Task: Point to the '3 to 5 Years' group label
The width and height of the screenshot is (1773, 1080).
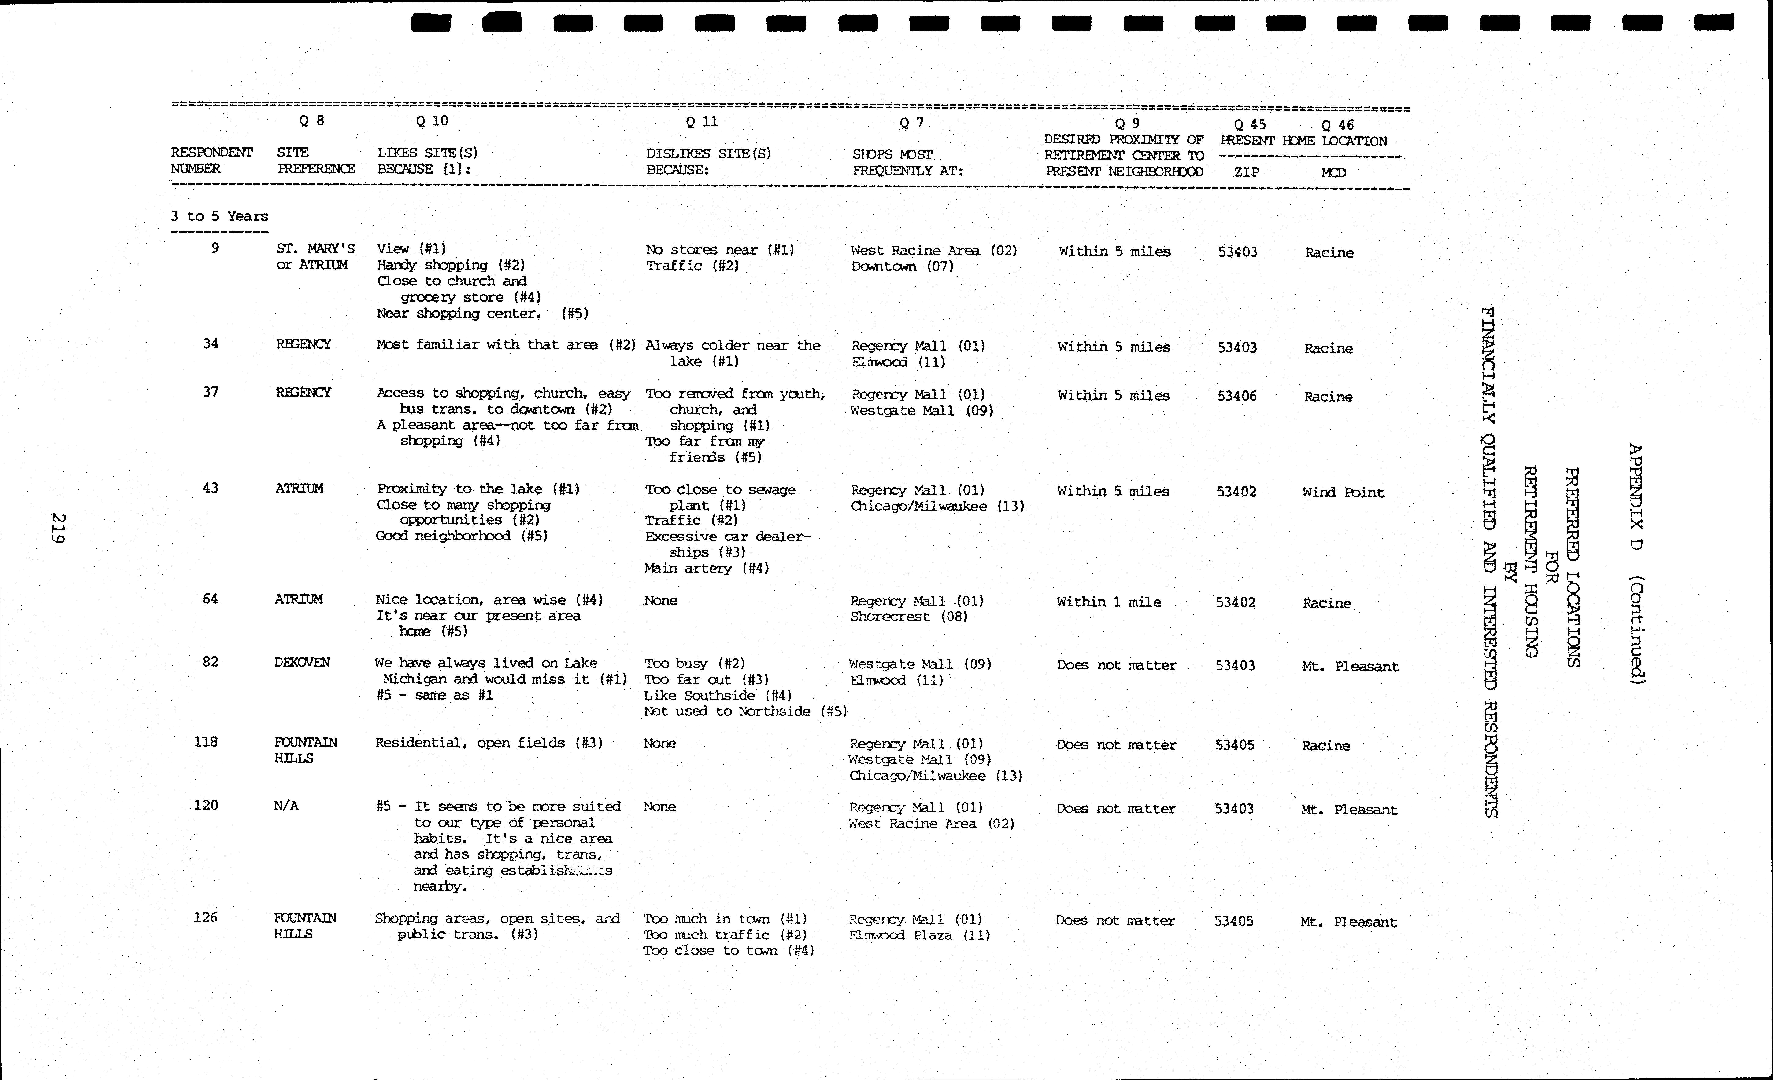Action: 219,216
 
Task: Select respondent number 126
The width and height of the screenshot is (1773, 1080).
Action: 206,917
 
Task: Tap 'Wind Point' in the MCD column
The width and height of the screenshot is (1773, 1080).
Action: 1343,492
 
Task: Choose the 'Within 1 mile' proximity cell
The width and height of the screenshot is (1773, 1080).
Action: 1109,602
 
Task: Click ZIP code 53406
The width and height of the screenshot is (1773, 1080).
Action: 1237,396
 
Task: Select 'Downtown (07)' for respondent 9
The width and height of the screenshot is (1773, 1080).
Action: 902,266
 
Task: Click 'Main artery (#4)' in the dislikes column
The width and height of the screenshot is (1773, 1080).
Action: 707,568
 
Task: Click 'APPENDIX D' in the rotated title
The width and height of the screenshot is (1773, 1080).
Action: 1636,497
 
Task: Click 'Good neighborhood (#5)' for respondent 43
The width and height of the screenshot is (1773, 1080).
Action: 461,536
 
